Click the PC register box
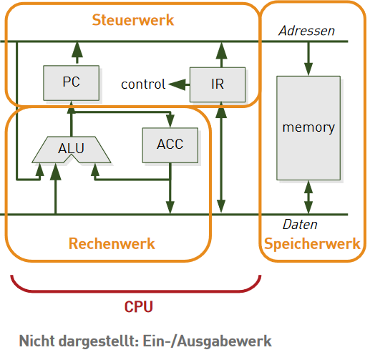(72, 83)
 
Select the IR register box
(218, 84)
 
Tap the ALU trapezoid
(72, 150)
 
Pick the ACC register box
(170, 145)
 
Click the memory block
(308, 128)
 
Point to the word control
(143, 84)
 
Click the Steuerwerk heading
(133, 20)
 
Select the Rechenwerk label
(112, 243)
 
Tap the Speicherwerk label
(312, 244)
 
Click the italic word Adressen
(307, 31)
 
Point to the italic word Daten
(300, 225)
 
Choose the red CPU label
(139, 307)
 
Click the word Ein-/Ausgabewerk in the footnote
(207, 341)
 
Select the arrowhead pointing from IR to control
(177, 84)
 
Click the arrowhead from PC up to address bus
(77, 49)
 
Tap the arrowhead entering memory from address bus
(308, 69)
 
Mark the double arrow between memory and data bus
(308, 198)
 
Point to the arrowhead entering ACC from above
(170, 121)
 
